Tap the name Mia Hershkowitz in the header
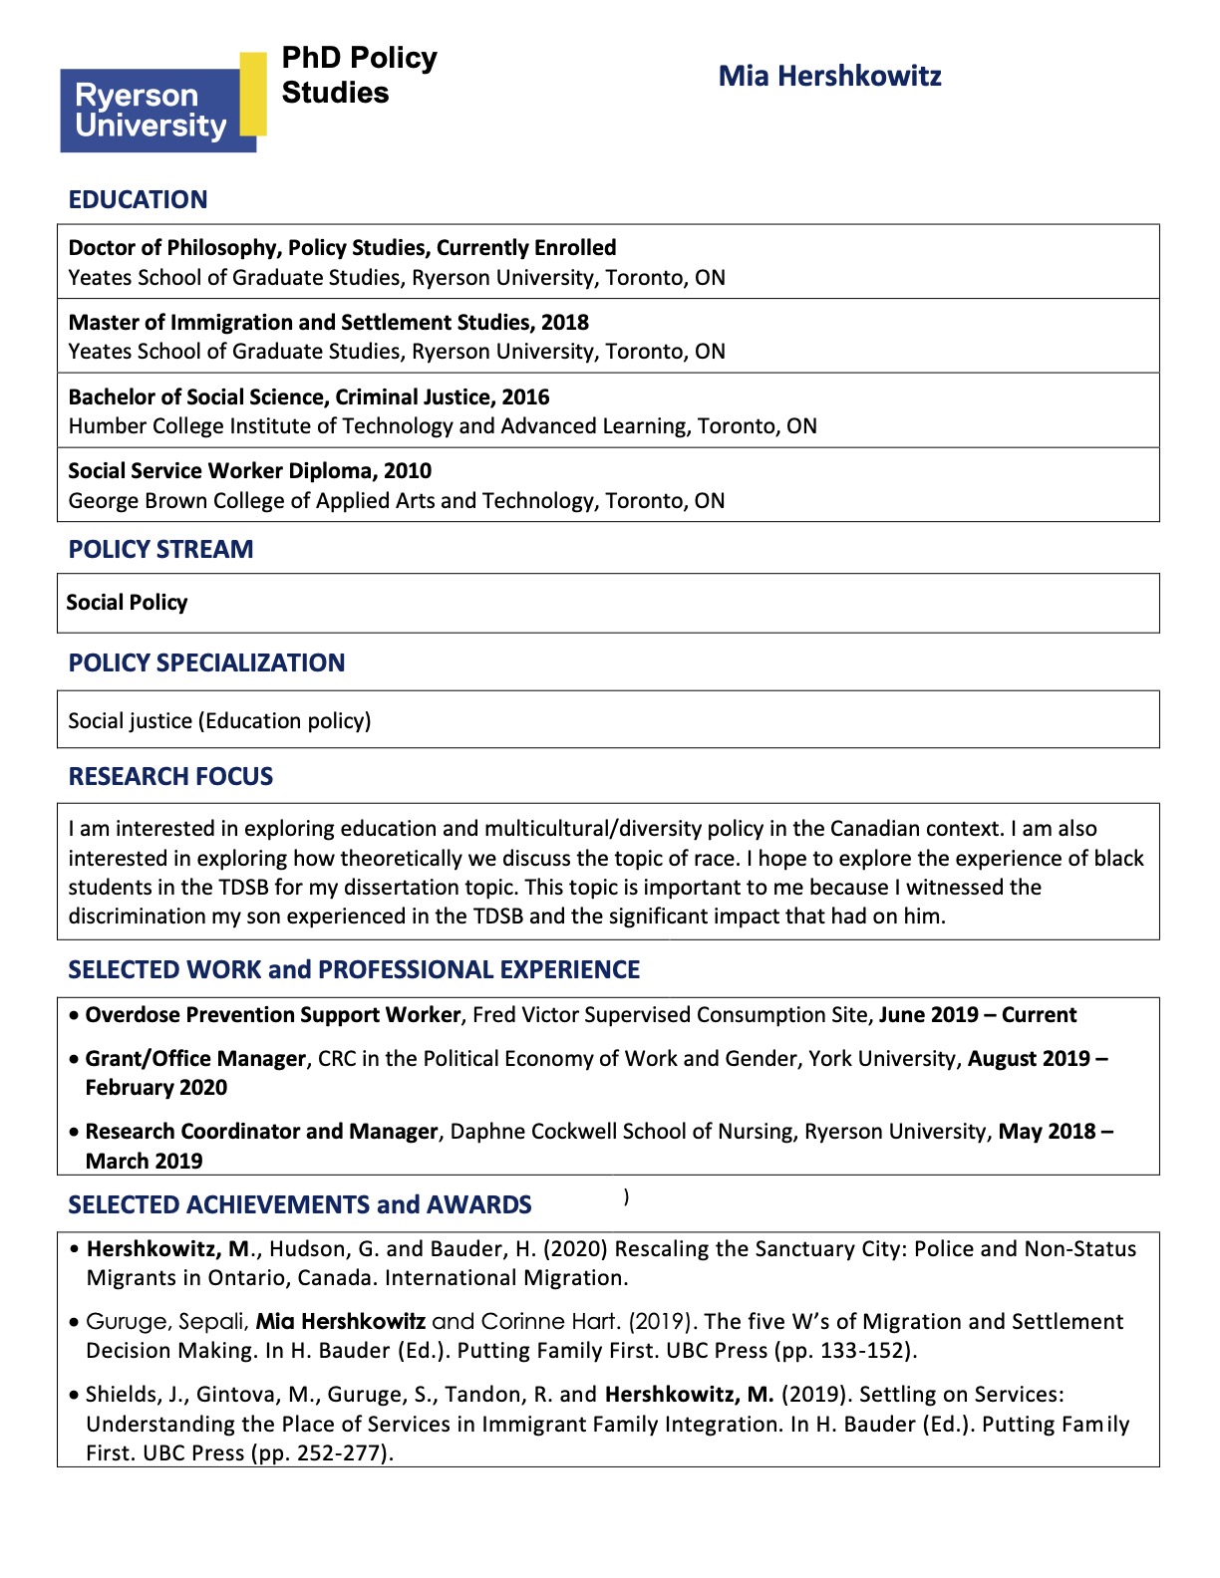829,77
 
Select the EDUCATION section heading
138,200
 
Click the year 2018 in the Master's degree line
565,323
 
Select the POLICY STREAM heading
160,550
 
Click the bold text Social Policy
127,603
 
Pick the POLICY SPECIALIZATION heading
206,663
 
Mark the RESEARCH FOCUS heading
170,777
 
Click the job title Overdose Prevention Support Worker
273,1015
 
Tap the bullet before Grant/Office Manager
75,1060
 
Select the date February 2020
156,1088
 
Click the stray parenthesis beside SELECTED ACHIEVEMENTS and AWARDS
626,1196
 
